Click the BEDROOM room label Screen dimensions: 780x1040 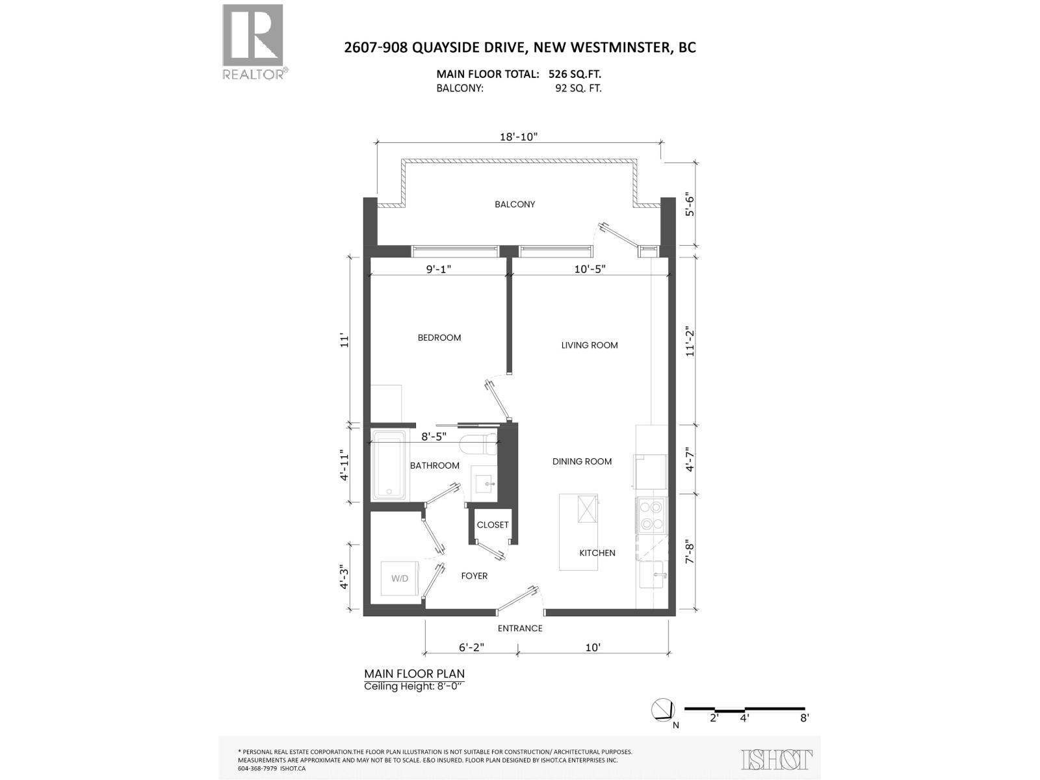tap(439, 337)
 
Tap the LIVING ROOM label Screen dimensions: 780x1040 tap(590, 345)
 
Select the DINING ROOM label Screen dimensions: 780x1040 tap(582, 461)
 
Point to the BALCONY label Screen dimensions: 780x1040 tap(515, 204)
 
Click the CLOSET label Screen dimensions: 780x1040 tap(493, 525)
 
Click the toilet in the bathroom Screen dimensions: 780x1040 tap(478, 445)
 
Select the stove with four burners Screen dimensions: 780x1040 tap(651, 515)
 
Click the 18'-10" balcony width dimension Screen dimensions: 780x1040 tap(519, 136)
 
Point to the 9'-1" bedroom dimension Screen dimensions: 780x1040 tap(439, 268)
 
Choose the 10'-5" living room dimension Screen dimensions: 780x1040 tap(590, 268)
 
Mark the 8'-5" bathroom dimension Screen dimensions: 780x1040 tap(434, 437)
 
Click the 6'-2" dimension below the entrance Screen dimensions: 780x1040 tap(472, 647)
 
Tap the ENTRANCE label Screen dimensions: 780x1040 tap(520, 628)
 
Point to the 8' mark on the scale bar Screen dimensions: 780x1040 tap(804, 718)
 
